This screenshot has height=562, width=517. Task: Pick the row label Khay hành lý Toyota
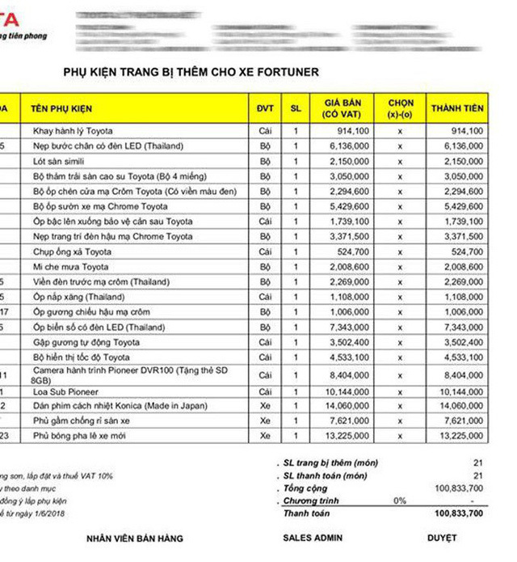[73, 131]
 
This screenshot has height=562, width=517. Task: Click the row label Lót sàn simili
[61, 161]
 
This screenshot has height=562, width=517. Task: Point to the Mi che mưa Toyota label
[70, 267]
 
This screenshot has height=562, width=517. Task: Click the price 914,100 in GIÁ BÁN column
[355, 131]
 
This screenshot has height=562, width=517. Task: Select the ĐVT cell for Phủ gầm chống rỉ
[265, 421]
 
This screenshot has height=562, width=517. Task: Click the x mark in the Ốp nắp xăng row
[400, 298]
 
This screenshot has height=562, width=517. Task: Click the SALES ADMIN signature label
[313, 538]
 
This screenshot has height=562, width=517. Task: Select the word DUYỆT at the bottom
[442, 538]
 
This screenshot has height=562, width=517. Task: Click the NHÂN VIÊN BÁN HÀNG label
[135, 538]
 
